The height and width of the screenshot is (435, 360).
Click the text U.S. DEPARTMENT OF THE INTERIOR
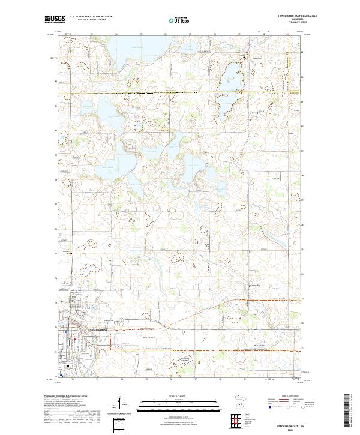point(89,16)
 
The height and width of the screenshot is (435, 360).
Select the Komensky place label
point(255,286)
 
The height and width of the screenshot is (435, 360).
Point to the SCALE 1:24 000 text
point(180,397)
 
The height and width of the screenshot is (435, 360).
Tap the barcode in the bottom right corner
point(347,411)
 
